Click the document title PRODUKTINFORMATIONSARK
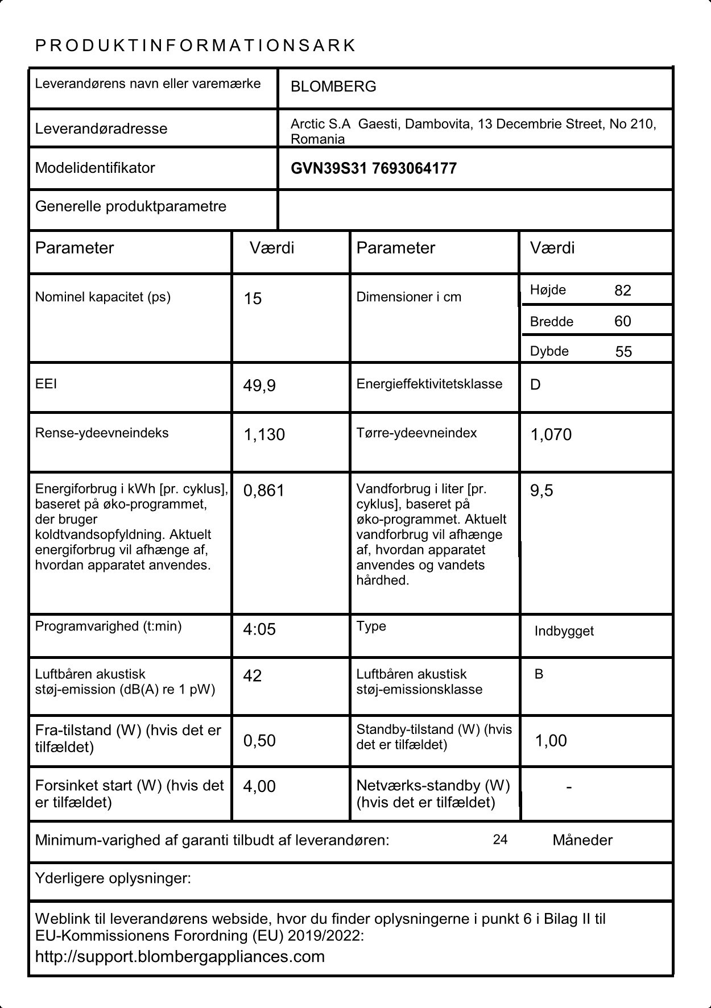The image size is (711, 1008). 195,46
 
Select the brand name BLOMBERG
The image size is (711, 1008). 333,87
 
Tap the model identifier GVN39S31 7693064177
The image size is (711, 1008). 373,169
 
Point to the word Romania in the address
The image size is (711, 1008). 317,139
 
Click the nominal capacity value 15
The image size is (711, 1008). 253,299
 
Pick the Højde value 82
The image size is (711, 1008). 623,291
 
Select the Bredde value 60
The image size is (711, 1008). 623,322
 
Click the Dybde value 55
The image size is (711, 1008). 623,352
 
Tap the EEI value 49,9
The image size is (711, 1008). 259,386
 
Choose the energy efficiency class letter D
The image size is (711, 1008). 535,385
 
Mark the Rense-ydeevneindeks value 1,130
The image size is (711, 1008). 264,435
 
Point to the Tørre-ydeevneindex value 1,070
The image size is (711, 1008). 551,435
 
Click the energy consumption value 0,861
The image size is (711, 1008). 263,491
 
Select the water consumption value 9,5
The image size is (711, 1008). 541,491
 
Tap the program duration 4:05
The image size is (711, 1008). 259,629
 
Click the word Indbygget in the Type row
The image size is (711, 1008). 564,631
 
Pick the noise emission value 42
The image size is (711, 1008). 252,676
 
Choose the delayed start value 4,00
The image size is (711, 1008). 259,787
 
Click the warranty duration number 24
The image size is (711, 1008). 500,840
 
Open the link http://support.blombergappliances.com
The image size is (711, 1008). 180,957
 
